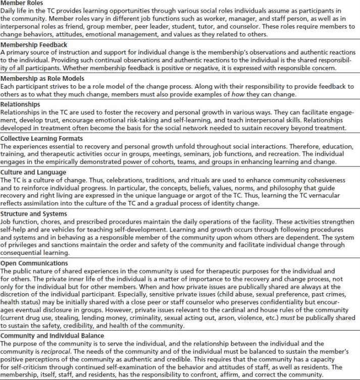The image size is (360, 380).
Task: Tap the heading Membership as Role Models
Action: click(x=39, y=79)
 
